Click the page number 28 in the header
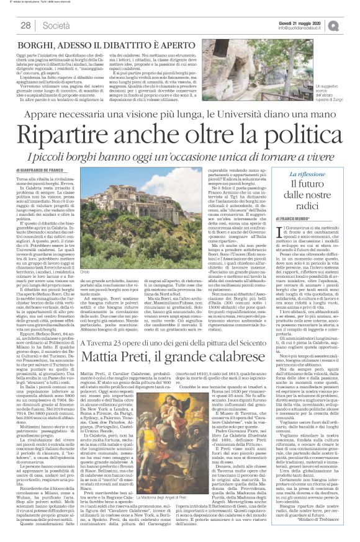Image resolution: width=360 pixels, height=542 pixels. click(x=25, y=25)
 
